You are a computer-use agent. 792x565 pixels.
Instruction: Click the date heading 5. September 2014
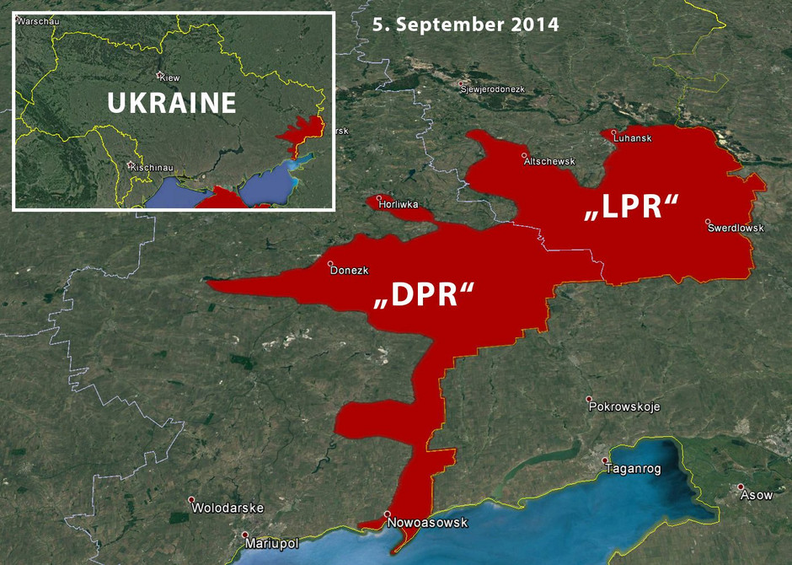click(465, 24)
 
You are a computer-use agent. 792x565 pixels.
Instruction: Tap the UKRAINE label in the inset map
click(172, 103)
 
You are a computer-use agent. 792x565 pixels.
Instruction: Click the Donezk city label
click(350, 271)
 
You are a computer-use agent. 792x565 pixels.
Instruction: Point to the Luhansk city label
click(632, 137)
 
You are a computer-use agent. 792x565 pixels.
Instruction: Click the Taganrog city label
click(632, 469)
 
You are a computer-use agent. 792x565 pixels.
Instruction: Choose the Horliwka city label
click(398, 204)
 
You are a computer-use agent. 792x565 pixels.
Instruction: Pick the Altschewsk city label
click(549, 161)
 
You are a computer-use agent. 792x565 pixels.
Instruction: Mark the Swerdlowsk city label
click(736, 228)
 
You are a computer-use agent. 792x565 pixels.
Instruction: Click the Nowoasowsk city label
click(427, 523)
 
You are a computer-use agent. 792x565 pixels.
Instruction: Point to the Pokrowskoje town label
click(624, 406)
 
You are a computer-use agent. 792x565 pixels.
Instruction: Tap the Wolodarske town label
click(227, 508)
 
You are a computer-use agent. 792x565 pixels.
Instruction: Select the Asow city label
click(756, 495)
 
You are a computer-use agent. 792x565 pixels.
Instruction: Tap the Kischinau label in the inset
click(152, 168)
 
